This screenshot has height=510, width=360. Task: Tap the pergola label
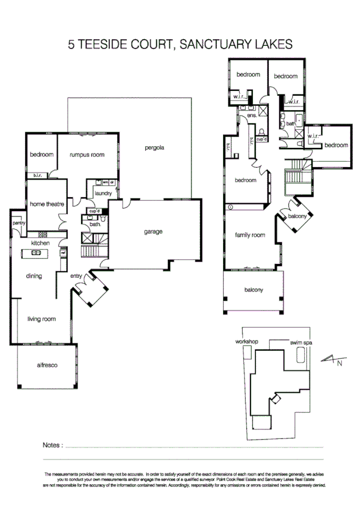[154, 147]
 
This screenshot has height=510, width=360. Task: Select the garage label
[153, 232]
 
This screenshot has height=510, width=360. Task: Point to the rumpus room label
[86, 155]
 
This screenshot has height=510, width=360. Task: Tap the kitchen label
[40, 243]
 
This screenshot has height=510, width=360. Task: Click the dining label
[34, 276]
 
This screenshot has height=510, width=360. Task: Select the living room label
[41, 319]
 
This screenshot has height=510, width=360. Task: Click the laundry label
[103, 193]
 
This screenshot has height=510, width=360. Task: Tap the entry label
[76, 275]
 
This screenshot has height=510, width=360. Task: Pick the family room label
[250, 235]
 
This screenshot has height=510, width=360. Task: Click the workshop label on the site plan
[246, 342]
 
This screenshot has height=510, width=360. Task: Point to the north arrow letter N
[340, 363]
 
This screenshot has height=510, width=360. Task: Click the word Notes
[53, 445]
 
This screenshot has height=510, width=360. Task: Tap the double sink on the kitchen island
[35, 253]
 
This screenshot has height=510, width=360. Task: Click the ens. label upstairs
[251, 114]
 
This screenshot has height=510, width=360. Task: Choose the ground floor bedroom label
[41, 155]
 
